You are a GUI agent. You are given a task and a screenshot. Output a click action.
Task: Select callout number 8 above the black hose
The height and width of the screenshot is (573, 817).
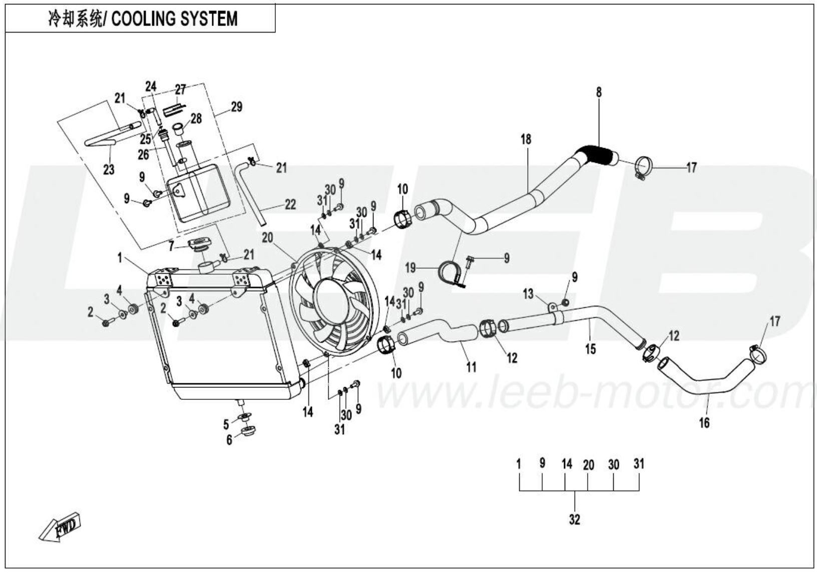(x=599, y=93)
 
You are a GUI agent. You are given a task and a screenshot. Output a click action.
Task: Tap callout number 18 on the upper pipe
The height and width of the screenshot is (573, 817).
(x=526, y=139)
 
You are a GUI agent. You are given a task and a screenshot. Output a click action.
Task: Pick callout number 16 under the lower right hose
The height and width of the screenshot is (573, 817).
(x=704, y=423)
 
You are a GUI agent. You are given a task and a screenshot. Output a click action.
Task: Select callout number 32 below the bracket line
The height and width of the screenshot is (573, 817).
(x=575, y=519)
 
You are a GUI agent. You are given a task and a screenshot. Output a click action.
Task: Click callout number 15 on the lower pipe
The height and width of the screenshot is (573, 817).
(x=591, y=348)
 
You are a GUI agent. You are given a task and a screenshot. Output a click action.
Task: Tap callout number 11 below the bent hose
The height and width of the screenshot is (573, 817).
(x=471, y=367)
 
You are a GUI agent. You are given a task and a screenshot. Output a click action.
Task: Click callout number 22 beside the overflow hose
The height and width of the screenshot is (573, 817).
(x=290, y=204)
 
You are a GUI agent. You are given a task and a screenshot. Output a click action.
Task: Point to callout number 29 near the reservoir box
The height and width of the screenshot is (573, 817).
(x=236, y=107)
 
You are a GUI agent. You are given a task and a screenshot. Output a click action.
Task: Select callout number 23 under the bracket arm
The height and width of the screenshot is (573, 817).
(x=109, y=170)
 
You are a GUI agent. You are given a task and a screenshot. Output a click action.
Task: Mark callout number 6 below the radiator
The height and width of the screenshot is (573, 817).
(x=229, y=440)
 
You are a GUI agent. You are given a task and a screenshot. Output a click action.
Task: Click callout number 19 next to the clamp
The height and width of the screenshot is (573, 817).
(x=411, y=269)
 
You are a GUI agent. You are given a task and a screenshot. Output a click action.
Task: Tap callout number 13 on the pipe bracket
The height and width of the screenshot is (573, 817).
(x=529, y=294)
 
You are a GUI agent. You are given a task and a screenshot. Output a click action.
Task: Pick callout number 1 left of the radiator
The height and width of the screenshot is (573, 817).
(x=120, y=258)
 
